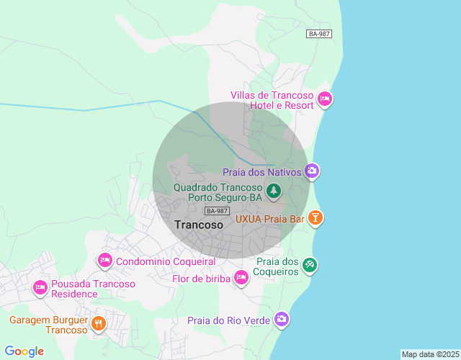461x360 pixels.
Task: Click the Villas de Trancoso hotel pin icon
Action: (x=324, y=99)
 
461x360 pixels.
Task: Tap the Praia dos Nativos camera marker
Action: (x=312, y=171)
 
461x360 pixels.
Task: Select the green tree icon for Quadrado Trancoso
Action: (x=273, y=191)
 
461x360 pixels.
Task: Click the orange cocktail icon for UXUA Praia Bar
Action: (x=315, y=217)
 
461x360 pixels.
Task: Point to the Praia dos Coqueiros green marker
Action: (x=309, y=266)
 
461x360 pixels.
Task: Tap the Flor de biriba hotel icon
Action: (x=241, y=277)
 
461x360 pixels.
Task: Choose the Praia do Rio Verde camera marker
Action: (x=281, y=319)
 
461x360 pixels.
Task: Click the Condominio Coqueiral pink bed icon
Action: (x=105, y=260)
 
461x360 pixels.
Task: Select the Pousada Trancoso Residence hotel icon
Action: (x=40, y=288)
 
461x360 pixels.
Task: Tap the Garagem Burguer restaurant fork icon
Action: (x=99, y=324)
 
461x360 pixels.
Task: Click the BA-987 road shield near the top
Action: (x=319, y=34)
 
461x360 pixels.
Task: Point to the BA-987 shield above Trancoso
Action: (x=217, y=210)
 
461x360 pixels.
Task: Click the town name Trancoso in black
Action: (x=200, y=225)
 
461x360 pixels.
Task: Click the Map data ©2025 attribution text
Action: (x=429, y=354)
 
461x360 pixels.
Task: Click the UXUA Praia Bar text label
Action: (x=270, y=217)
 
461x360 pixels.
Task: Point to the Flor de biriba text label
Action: (x=201, y=279)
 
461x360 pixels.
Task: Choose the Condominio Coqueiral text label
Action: (x=165, y=261)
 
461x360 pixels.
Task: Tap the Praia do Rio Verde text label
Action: (x=228, y=320)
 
